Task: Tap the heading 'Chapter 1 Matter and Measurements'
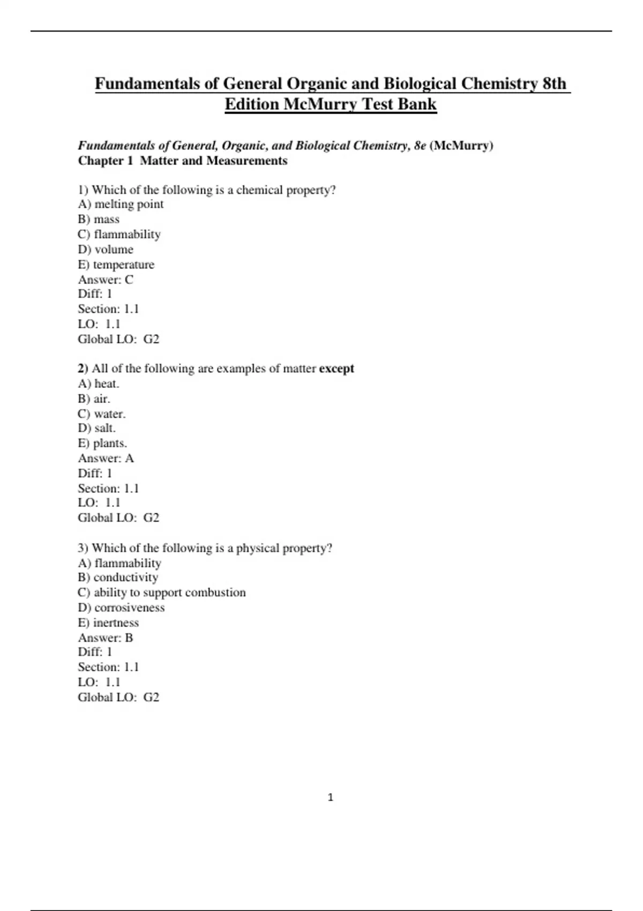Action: coord(183,161)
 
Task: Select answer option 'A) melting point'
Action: coord(121,204)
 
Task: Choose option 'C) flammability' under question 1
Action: coord(119,234)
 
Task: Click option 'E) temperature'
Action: coord(116,264)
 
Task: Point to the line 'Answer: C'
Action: coord(106,279)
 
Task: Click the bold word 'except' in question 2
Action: coord(337,369)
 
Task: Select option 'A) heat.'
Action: coord(99,384)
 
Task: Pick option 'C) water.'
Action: coord(102,414)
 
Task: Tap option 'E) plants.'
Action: coord(102,443)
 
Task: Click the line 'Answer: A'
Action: coord(106,458)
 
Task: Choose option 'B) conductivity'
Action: coord(118,577)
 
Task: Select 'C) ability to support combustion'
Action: coord(162,592)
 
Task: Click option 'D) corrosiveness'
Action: coord(121,607)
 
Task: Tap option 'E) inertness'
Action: coord(108,623)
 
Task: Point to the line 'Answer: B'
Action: coord(106,638)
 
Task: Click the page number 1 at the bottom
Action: coord(330,797)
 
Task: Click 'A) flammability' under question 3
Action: coord(119,563)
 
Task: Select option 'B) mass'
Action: coord(99,219)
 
